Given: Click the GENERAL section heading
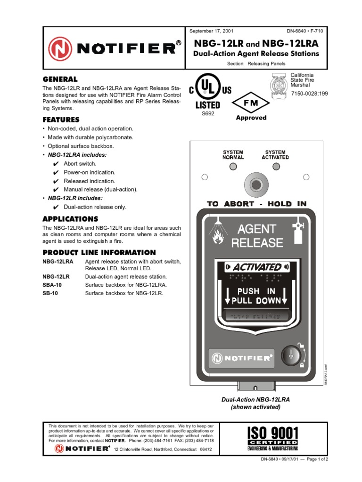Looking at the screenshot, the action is click(x=60, y=79).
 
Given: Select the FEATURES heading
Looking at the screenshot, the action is click(x=61, y=120).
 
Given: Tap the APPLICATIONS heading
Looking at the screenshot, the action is click(x=70, y=219).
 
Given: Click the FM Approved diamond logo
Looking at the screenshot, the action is click(x=251, y=103).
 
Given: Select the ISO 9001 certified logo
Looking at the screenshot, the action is click(x=273, y=438).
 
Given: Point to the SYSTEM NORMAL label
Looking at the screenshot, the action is click(x=233, y=155).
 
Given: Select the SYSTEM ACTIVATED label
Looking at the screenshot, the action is click(x=275, y=155).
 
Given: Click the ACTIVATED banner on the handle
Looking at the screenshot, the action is click(x=255, y=267).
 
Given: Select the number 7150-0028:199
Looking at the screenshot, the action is click(x=309, y=94).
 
